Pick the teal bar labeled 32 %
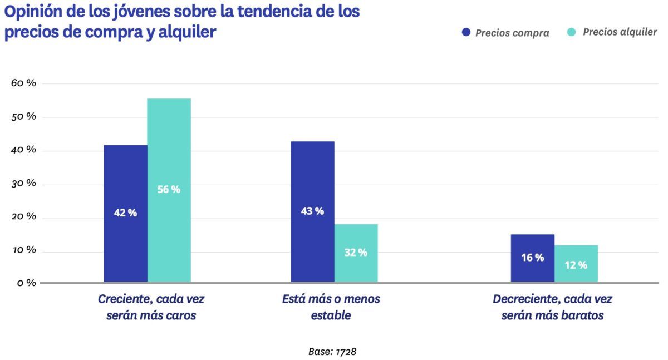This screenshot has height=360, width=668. tap(356, 253)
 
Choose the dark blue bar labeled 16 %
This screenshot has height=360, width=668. tap(532, 258)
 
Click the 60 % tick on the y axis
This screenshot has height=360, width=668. tap(23, 83)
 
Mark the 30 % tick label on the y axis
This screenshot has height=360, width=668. tap(23, 184)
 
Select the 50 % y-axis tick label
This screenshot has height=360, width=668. tap(23, 117)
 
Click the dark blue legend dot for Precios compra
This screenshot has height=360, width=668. tap(466, 32)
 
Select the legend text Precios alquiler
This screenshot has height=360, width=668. tap(620, 32)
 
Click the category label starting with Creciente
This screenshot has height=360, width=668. tap(151, 307)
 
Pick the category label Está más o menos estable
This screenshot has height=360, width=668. tap(331, 307)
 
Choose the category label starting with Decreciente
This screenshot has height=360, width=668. tap(552, 307)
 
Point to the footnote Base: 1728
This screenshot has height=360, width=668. tap(332, 352)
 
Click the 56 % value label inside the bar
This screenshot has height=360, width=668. tap(169, 189)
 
